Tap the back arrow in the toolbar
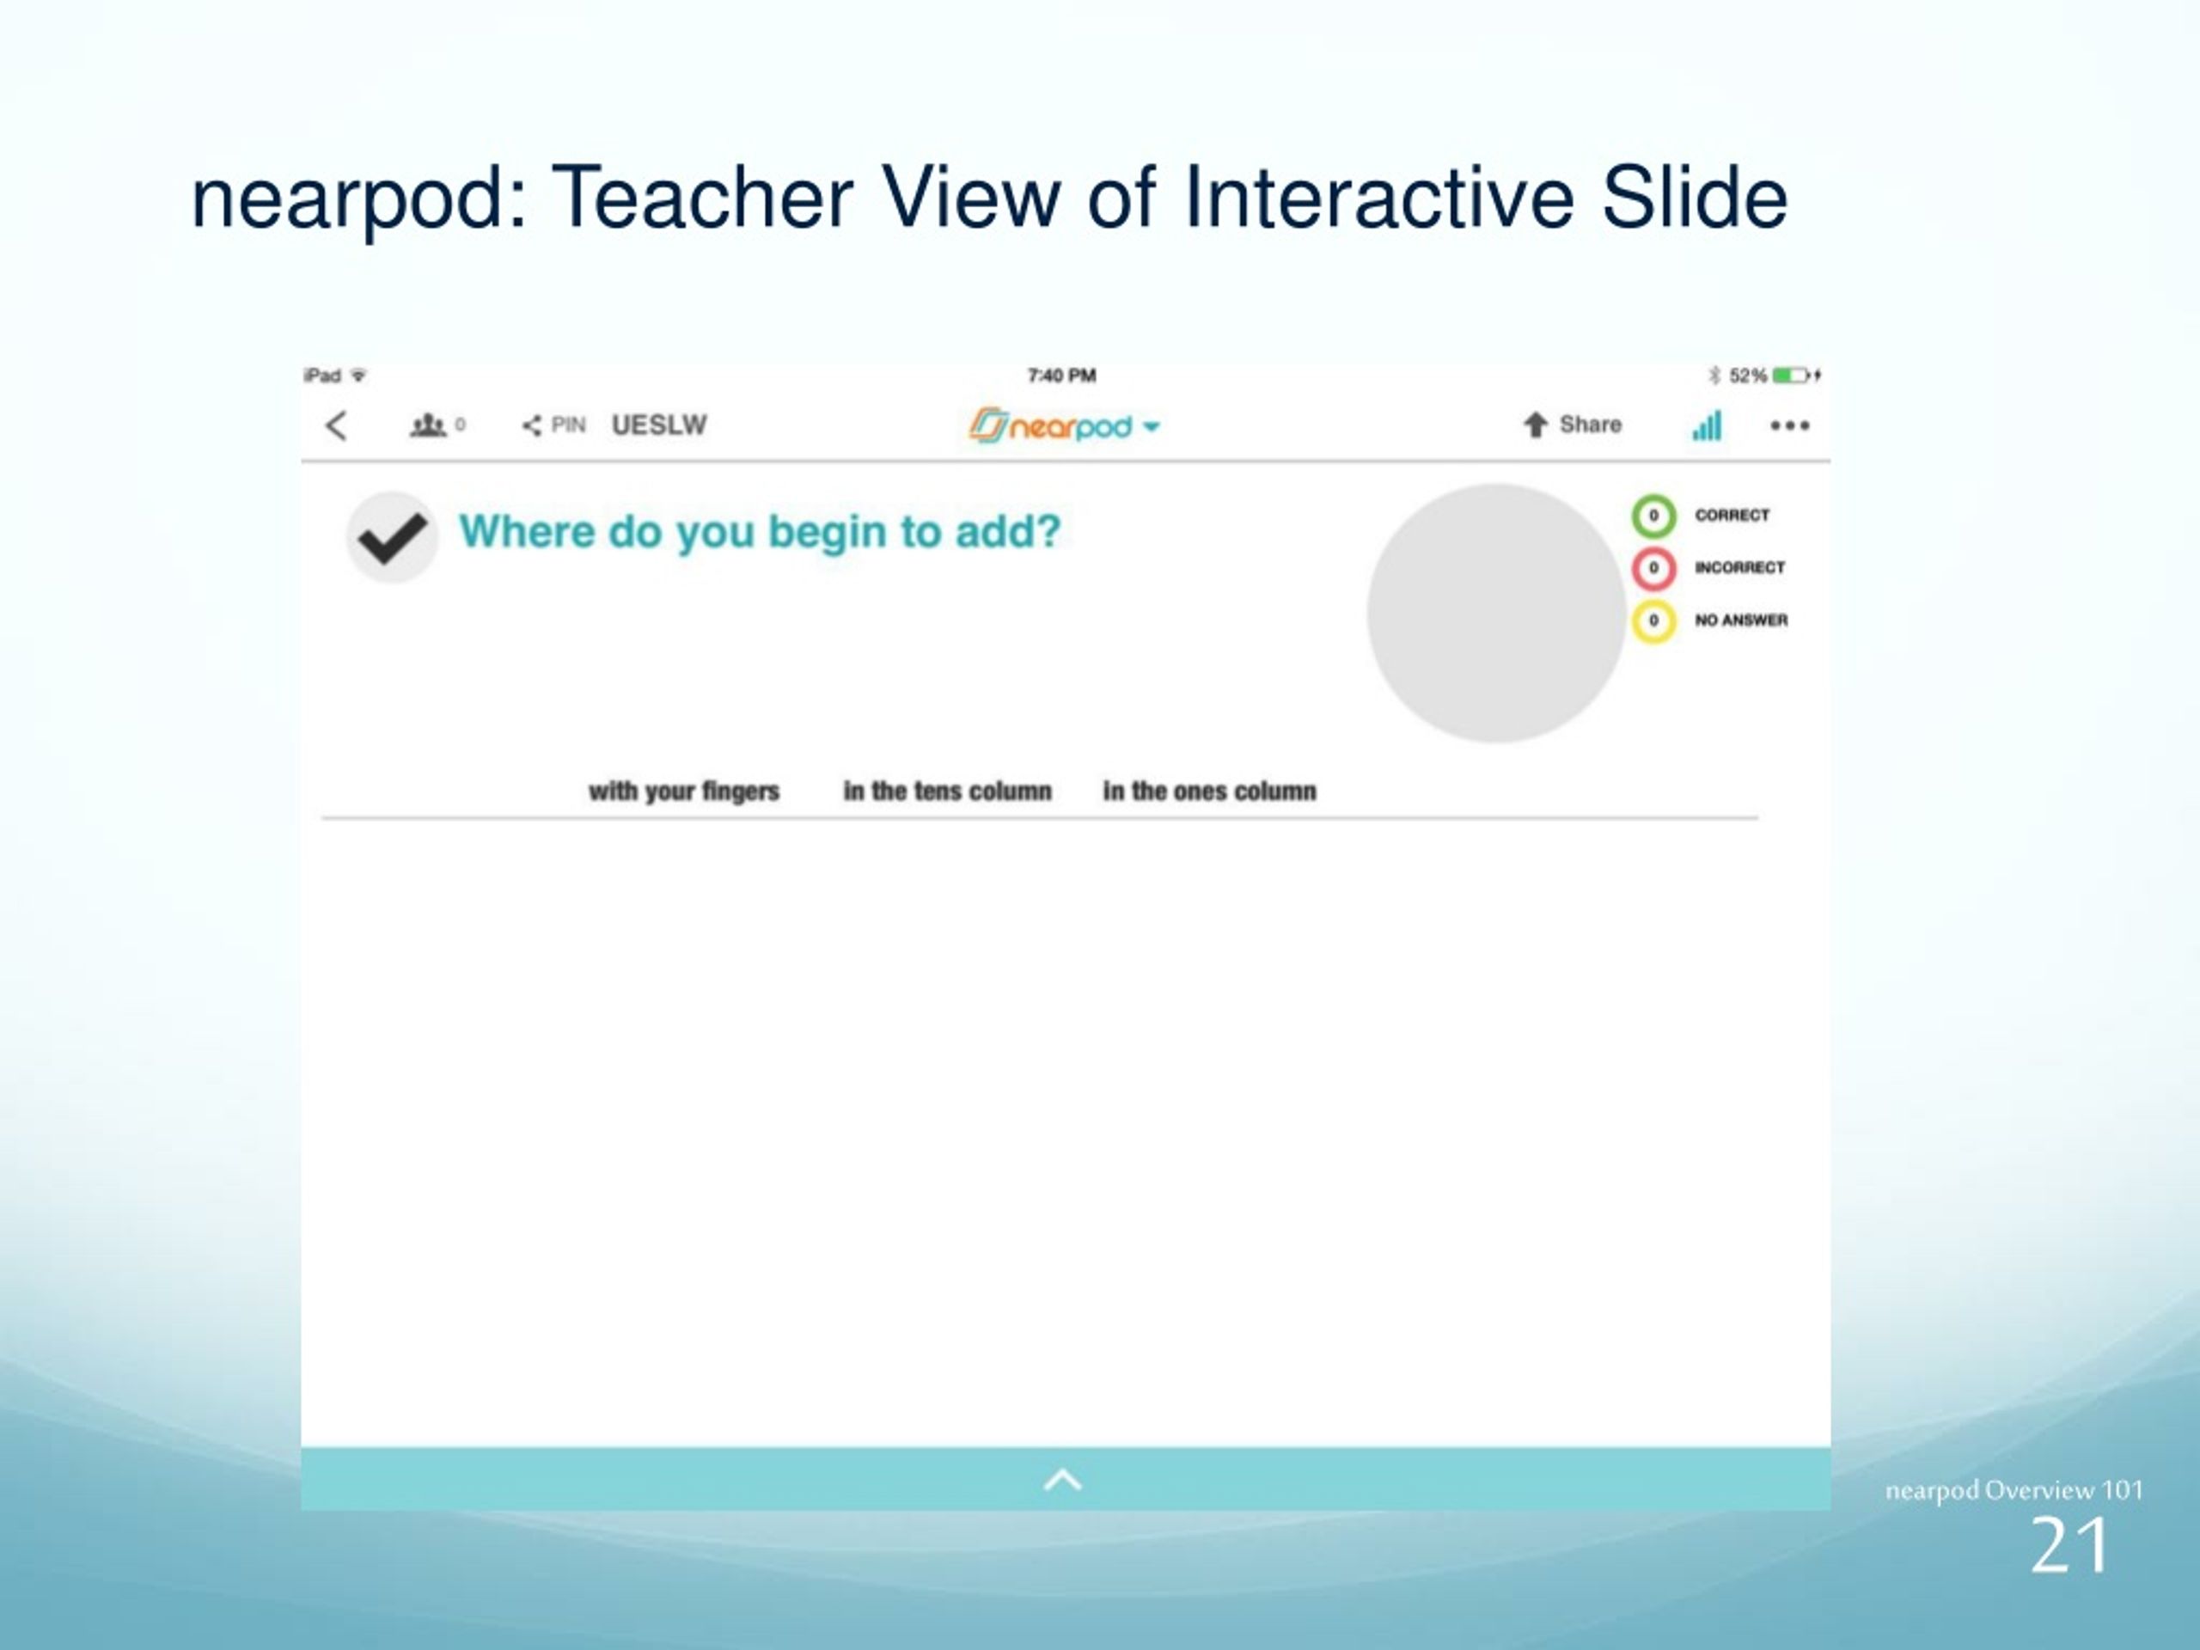tap(336, 425)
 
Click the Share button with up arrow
tap(1572, 425)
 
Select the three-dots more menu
tap(1789, 425)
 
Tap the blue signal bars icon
tap(1707, 425)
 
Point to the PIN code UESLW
tap(658, 425)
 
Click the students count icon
tap(429, 425)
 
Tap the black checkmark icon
tap(393, 537)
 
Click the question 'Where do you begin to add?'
tap(760, 531)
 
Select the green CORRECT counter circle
tap(1653, 515)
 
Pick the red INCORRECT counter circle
tap(1653, 568)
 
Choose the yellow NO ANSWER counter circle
tap(1653, 620)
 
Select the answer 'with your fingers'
tap(684, 791)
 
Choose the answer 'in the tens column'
tap(948, 791)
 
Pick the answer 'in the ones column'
tap(1209, 791)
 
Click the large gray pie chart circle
tap(1496, 613)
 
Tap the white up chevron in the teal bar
tap(1063, 1480)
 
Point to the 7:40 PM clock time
tap(1061, 375)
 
